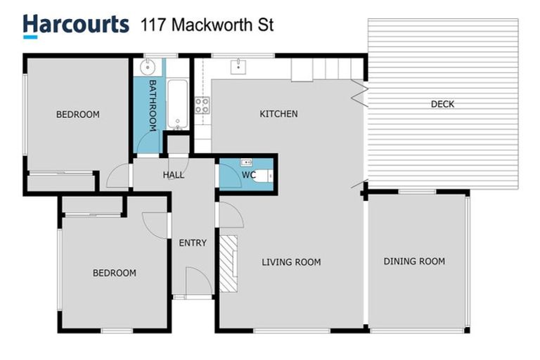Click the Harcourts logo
(76, 25)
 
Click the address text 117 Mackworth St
(207, 26)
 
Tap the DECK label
(442, 104)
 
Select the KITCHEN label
(278, 114)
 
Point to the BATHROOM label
(151, 105)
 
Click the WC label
(247, 174)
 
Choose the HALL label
(174, 174)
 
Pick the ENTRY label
(193, 243)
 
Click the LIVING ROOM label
(291, 262)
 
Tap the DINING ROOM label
(414, 262)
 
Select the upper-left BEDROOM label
(78, 114)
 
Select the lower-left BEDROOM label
(115, 273)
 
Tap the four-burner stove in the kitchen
(202, 105)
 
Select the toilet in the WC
(262, 176)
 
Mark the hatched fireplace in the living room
(229, 264)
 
